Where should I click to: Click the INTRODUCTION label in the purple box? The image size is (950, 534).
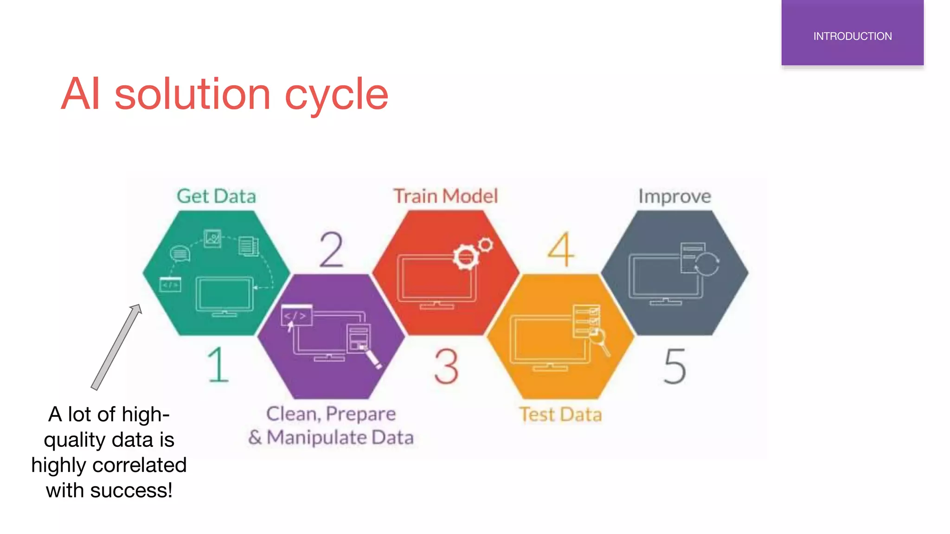pyautogui.click(x=852, y=36)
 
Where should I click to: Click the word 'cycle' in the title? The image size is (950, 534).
pyautogui.click(x=336, y=95)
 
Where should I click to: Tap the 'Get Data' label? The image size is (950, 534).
pyautogui.click(x=216, y=196)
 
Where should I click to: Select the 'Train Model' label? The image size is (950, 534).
pyautogui.click(x=445, y=196)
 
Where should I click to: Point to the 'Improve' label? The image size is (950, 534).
pyautogui.click(x=674, y=197)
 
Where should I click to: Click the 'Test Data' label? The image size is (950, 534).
pyautogui.click(x=560, y=414)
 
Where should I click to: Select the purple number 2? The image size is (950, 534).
pyautogui.click(x=331, y=250)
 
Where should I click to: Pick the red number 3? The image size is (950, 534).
pyautogui.click(x=446, y=366)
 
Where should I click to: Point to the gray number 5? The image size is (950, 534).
pyautogui.click(x=674, y=366)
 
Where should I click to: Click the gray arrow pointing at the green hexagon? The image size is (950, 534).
pyautogui.click(x=116, y=348)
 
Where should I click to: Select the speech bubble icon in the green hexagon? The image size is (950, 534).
pyautogui.click(x=180, y=254)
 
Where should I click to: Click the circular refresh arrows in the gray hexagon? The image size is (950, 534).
pyautogui.click(x=706, y=264)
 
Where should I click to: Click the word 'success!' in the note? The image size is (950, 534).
pyautogui.click(x=131, y=490)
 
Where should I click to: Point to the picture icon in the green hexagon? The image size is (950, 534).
pyautogui.click(x=212, y=238)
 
